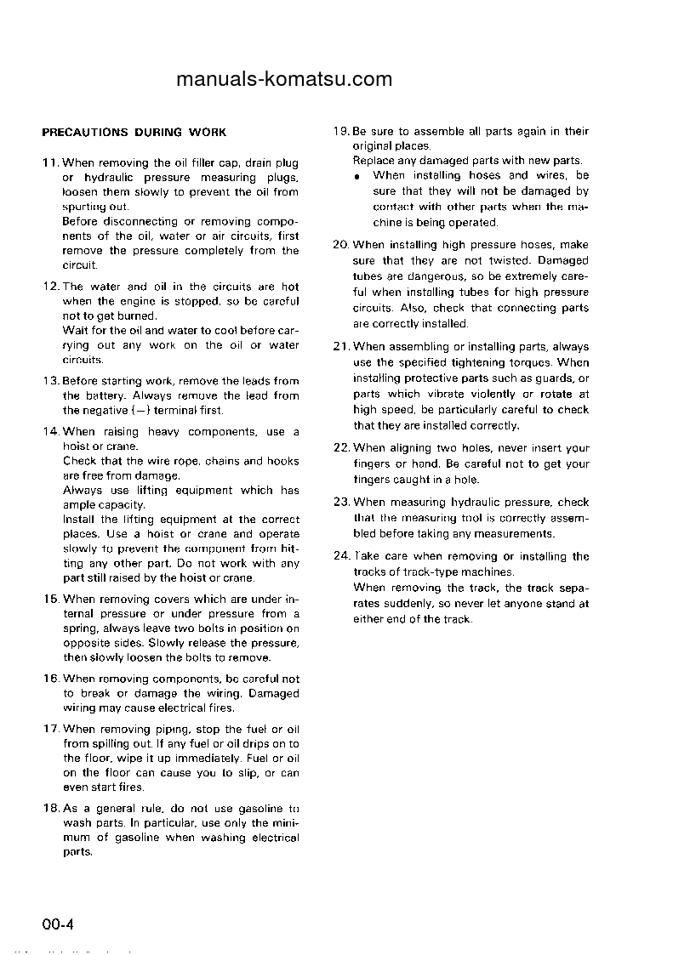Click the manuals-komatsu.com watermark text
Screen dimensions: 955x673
pyautogui.click(x=284, y=80)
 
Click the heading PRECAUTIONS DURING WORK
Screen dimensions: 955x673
pyautogui.click(x=134, y=133)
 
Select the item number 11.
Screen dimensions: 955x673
pyautogui.click(x=50, y=162)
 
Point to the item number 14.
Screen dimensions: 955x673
pyautogui.click(x=50, y=432)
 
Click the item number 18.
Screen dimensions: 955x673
pyautogui.click(x=50, y=809)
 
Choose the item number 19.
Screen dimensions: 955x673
pyautogui.click(x=340, y=132)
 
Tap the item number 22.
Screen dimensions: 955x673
pyautogui.click(x=341, y=448)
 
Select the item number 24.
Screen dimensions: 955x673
pyautogui.click(x=341, y=557)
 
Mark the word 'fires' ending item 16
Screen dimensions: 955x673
pyautogui.click(x=220, y=708)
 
